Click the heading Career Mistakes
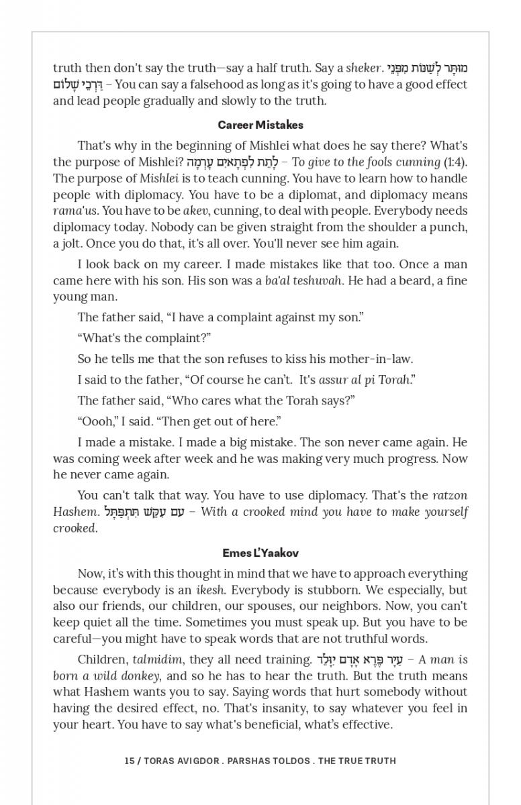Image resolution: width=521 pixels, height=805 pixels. click(x=260, y=125)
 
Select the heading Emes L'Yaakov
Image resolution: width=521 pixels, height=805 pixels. click(x=260, y=553)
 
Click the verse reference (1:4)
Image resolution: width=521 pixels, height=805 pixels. click(x=456, y=162)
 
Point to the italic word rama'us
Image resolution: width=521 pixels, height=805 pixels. click(x=72, y=211)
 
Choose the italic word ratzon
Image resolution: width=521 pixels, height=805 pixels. click(x=450, y=496)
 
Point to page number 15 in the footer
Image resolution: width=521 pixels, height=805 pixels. click(x=129, y=761)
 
